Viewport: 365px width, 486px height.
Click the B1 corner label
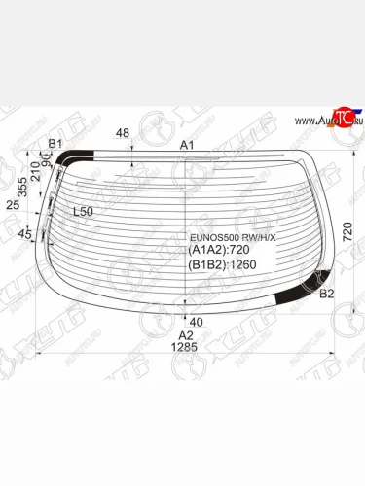[x=55, y=145]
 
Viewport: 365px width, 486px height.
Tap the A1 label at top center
[x=188, y=145]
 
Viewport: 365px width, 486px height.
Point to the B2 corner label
[x=327, y=294]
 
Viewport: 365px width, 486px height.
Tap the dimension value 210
[x=36, y=173]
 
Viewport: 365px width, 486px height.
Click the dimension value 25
[x=12, y=206]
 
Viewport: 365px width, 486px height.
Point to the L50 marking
[x=84, y=211]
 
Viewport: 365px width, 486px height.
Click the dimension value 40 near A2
[x=196, y=321]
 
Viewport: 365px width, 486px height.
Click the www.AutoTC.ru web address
[x=320, y=121]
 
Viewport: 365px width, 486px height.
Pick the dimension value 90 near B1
[x=46, y=157]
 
